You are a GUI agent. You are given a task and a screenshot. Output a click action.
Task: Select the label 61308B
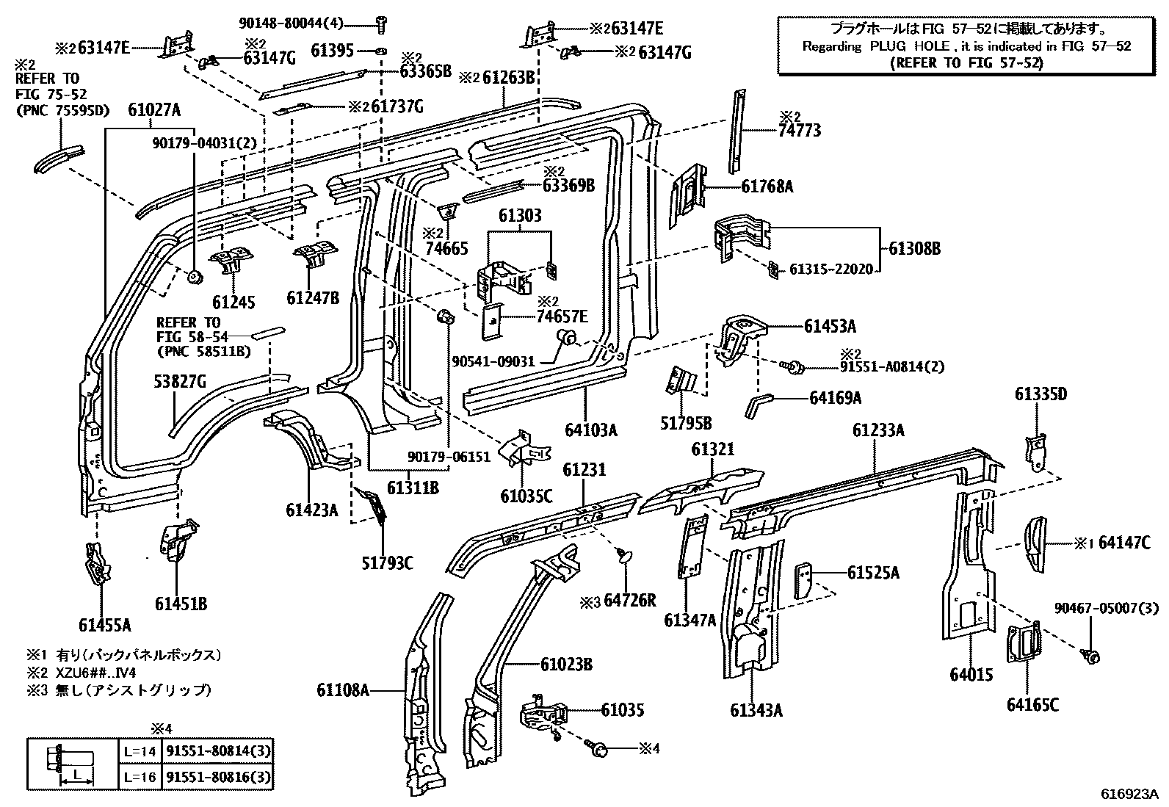(x=914, y=248)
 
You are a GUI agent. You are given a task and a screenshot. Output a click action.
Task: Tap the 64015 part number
(x=970, y=674)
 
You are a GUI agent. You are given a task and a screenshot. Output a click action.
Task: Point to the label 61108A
(x=344, y=690)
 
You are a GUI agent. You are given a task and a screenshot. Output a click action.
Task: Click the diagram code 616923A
(x=1129, y=795)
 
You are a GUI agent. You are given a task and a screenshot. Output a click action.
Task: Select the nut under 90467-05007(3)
(x=1090, y=656)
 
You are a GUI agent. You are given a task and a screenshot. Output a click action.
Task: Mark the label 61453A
(x=830, y=326)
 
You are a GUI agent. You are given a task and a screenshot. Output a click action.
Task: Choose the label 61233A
(x=878, y=430)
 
